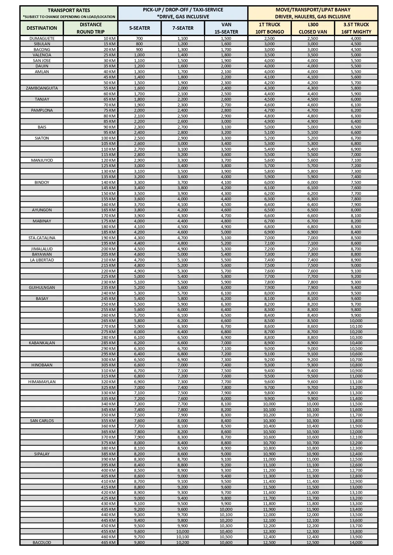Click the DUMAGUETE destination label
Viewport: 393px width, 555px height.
42,38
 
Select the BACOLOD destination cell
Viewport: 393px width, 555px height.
42,542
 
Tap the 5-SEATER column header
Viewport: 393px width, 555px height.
139,28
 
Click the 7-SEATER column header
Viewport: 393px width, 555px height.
183,28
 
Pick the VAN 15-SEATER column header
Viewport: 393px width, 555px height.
226,28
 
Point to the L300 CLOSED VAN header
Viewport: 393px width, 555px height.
313,28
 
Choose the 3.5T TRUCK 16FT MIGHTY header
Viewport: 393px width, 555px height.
356,28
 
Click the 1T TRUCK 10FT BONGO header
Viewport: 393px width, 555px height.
269,28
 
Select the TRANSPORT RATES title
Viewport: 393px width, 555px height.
69,10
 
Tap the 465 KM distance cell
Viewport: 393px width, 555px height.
108,542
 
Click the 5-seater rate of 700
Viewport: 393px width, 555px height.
139,38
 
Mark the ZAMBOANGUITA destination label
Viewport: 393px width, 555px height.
42,88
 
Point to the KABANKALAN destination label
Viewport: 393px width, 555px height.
42,343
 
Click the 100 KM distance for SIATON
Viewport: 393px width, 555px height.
108,138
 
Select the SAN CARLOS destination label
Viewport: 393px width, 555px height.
42,421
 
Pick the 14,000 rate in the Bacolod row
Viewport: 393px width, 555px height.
356,542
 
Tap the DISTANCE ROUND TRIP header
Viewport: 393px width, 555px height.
91,28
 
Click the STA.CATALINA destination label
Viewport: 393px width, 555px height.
42,238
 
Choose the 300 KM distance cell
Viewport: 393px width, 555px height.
108,359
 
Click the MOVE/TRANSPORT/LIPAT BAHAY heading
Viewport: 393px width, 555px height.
313,10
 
